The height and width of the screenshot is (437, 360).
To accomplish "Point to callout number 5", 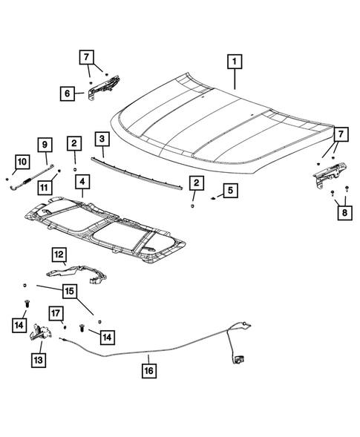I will [230, 191].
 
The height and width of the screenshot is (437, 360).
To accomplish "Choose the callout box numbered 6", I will [68, 93].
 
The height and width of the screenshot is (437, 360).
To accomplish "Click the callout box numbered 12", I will [59, 254].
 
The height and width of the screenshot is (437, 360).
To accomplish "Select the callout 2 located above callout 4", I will [74, 142].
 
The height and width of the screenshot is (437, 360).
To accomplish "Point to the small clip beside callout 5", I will [212, 198].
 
